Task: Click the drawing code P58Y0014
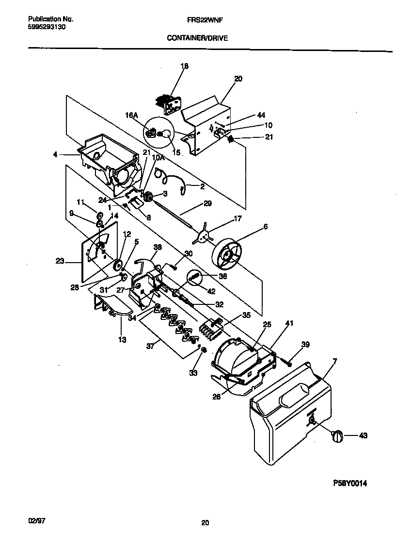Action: coord(352,483)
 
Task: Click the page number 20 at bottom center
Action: coord(205,523)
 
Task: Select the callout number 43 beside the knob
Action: coord(364,435)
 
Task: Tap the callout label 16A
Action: coord(132,115)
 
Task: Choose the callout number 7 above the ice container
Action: coord(334,361)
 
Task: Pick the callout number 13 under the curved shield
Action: coord(122,340)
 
